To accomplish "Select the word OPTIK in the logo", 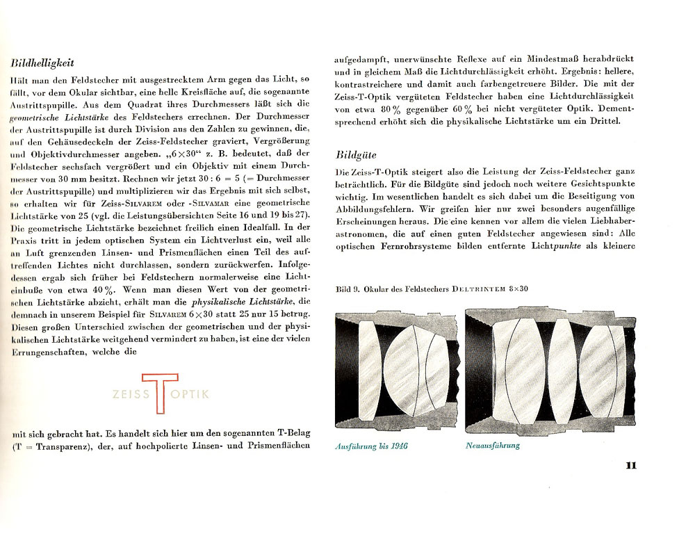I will (x=190, y=394).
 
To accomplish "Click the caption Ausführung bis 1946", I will (x=371, y=446).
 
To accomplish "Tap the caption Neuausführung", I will (x=492, y=446).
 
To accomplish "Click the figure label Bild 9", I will (x=347, y=289).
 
